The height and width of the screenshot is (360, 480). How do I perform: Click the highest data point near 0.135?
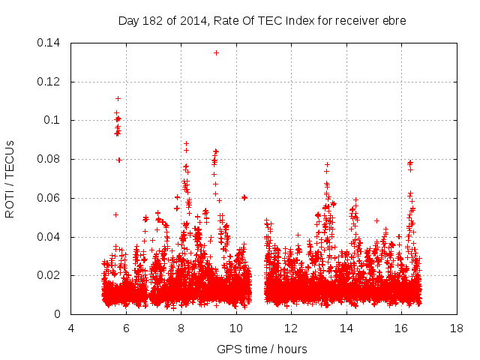click(216, 52)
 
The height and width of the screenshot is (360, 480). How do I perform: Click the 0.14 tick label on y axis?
click(49, 43)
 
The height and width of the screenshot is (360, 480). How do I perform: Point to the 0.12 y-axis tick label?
click(49, 82)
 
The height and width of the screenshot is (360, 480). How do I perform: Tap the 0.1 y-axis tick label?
click(52, 121)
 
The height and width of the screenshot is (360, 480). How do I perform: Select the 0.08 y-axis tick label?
click(49, 160)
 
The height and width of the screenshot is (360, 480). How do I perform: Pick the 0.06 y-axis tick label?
click(49, 198)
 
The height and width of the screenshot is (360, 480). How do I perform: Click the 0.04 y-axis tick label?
click(49, 237)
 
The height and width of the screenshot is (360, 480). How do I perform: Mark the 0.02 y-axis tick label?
click(49, 276)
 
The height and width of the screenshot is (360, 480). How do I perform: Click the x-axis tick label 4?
click(71, 328)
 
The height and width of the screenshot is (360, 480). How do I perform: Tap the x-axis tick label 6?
click(126, 328)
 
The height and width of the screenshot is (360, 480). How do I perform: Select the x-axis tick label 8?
click(181, 328)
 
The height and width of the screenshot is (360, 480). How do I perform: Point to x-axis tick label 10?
click(236, 328)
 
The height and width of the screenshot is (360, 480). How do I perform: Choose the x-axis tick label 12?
click(291, 328)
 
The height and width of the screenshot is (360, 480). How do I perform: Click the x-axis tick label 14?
click(346, 328)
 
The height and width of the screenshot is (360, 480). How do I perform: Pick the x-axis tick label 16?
click(401, 328)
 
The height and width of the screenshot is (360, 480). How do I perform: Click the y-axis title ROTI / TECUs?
click(10, 178)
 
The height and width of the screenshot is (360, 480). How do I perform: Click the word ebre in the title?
click(393, 21)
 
